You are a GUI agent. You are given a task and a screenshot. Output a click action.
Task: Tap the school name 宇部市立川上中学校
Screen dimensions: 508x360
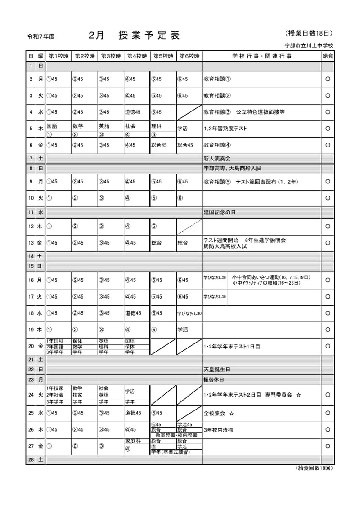(309, 45)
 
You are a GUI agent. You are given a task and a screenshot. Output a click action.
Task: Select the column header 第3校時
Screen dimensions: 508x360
(111, 56)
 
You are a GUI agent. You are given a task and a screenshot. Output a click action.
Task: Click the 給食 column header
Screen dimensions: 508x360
(328, 56)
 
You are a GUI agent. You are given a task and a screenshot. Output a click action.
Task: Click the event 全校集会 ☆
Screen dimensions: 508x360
(220, 413)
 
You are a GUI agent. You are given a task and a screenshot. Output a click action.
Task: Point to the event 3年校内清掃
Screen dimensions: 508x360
(219, 430)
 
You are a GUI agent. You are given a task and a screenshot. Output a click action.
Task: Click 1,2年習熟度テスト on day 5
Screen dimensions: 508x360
(225, 129)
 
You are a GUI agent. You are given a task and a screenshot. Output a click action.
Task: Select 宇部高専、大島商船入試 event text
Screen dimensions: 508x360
(232, 168)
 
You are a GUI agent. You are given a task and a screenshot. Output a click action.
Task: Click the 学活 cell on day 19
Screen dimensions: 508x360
(183, 330)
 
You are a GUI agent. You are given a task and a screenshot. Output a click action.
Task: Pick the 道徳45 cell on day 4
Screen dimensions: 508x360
(133, 112)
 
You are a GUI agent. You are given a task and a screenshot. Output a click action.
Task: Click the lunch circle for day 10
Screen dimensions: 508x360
(328, 197)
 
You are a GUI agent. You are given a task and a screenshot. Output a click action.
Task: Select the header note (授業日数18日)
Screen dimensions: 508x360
(309, 33)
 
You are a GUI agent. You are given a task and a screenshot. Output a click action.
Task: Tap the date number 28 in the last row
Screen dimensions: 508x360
(31, 460)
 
